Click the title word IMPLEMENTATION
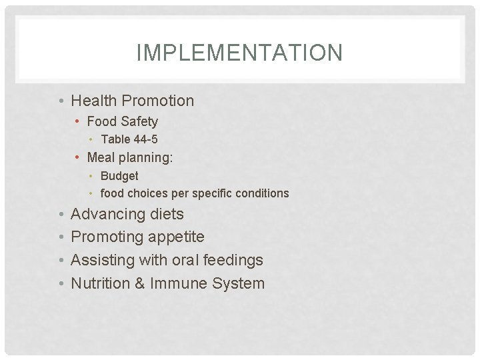coord(239,53)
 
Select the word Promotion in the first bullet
coord(159,101)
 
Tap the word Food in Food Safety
coord(101,121)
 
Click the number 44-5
coord(145,139)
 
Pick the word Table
coord(115,139)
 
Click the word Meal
coord(101,157)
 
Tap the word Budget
coord(119,176)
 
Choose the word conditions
coord(265,193)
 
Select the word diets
coord(167,214)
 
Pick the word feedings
coord(233,260)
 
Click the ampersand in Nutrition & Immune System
coord(139,283)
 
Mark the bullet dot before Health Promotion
coord(61,101)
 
